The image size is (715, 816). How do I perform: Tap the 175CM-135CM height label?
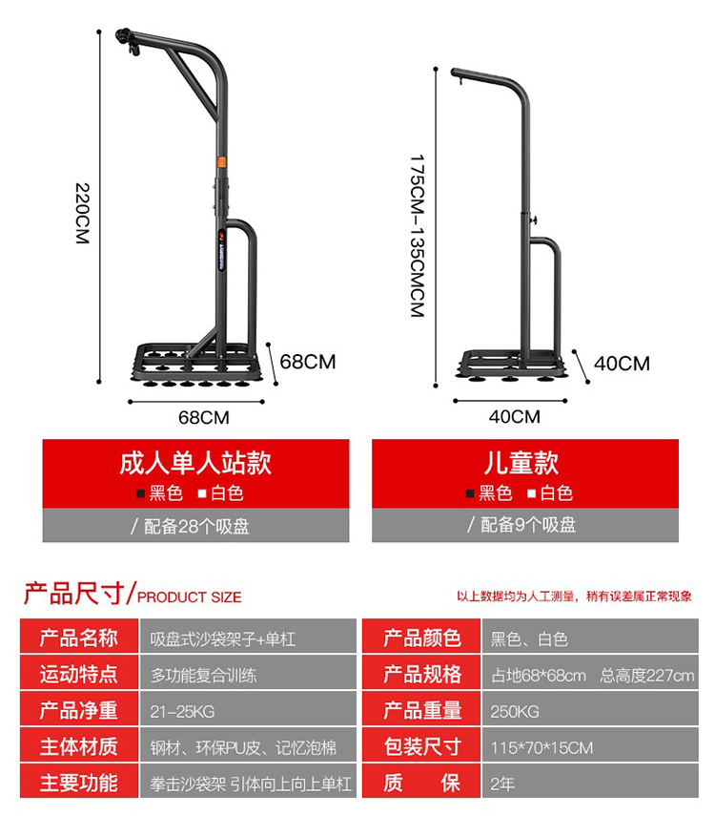click(x=417, y=236)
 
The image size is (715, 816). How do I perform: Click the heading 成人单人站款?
click(x=195, y=464)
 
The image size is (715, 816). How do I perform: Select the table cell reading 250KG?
click(x=515, y=711)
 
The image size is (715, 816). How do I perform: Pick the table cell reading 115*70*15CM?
click(x=541, y=747)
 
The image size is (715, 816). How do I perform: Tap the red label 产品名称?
click(x=78, y=638)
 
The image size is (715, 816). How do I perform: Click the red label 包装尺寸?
click(x=422, y=747)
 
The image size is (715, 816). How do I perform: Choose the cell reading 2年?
click(x=502, y=784)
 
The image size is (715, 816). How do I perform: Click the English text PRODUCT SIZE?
click(x=190, y=597)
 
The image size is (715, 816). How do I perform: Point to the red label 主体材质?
click(x=78, y=747)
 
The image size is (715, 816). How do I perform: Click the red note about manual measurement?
click(x=574, y=596)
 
